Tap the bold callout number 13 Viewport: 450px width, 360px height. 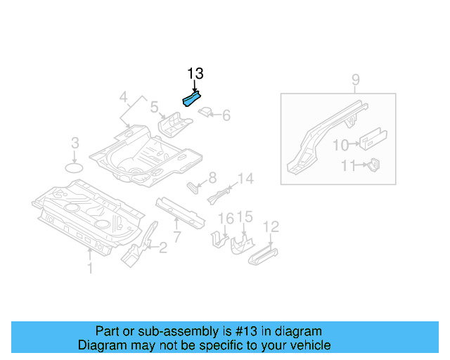point(195,74)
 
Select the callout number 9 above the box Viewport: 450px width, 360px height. point(356,79)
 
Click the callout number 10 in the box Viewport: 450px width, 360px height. point(340,145)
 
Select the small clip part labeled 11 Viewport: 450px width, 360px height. point(375,165)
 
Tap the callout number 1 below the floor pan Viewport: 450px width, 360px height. point(89,267)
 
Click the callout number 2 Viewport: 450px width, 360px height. point(163,247)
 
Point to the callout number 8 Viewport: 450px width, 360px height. point(212,177)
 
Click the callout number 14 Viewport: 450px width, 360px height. point(245,179)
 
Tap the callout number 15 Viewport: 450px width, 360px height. point(244,217)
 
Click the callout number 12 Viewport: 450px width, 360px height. point(271,226)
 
